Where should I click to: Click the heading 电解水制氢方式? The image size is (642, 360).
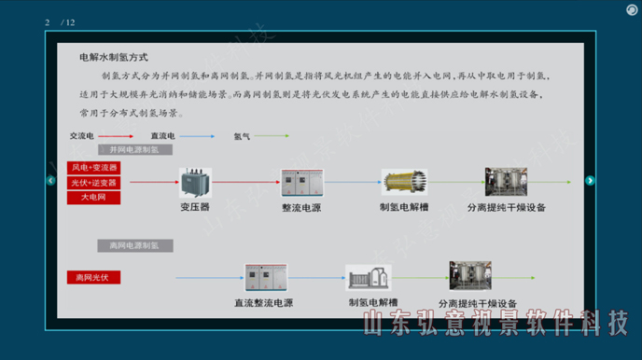click(x=114, y=58)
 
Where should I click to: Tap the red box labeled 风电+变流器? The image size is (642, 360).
click(x=93, y=168)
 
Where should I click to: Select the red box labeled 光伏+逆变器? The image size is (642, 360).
click(x=93, y=183)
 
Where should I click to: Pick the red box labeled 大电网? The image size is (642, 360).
click(x=93, y=198)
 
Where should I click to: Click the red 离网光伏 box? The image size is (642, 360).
click(x=93, y=277)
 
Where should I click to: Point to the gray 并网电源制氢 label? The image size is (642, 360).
click(x=133, y=149)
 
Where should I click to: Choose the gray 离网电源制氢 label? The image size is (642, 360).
click(x=133, y=245)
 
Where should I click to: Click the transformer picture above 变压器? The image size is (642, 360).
click(x=195, y=183)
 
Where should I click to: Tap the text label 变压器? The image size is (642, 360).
click(x=195, y=207)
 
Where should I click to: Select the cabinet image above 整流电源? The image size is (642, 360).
click(x=300, y=183)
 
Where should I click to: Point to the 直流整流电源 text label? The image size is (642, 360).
click(x=263, y=303)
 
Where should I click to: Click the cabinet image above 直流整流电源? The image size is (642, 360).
click(x=266, y=278)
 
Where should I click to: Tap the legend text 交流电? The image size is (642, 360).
click(x=82, y=136)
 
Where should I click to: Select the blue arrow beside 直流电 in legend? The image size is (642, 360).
click(x=198, y=136)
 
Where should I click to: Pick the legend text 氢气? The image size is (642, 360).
click(x=242, y=136)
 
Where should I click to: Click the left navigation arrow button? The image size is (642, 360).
click(x=51, y=181)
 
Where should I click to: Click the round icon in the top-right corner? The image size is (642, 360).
click(x=632, y=10)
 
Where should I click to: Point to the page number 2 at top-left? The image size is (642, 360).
click(x=47, y=22)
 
